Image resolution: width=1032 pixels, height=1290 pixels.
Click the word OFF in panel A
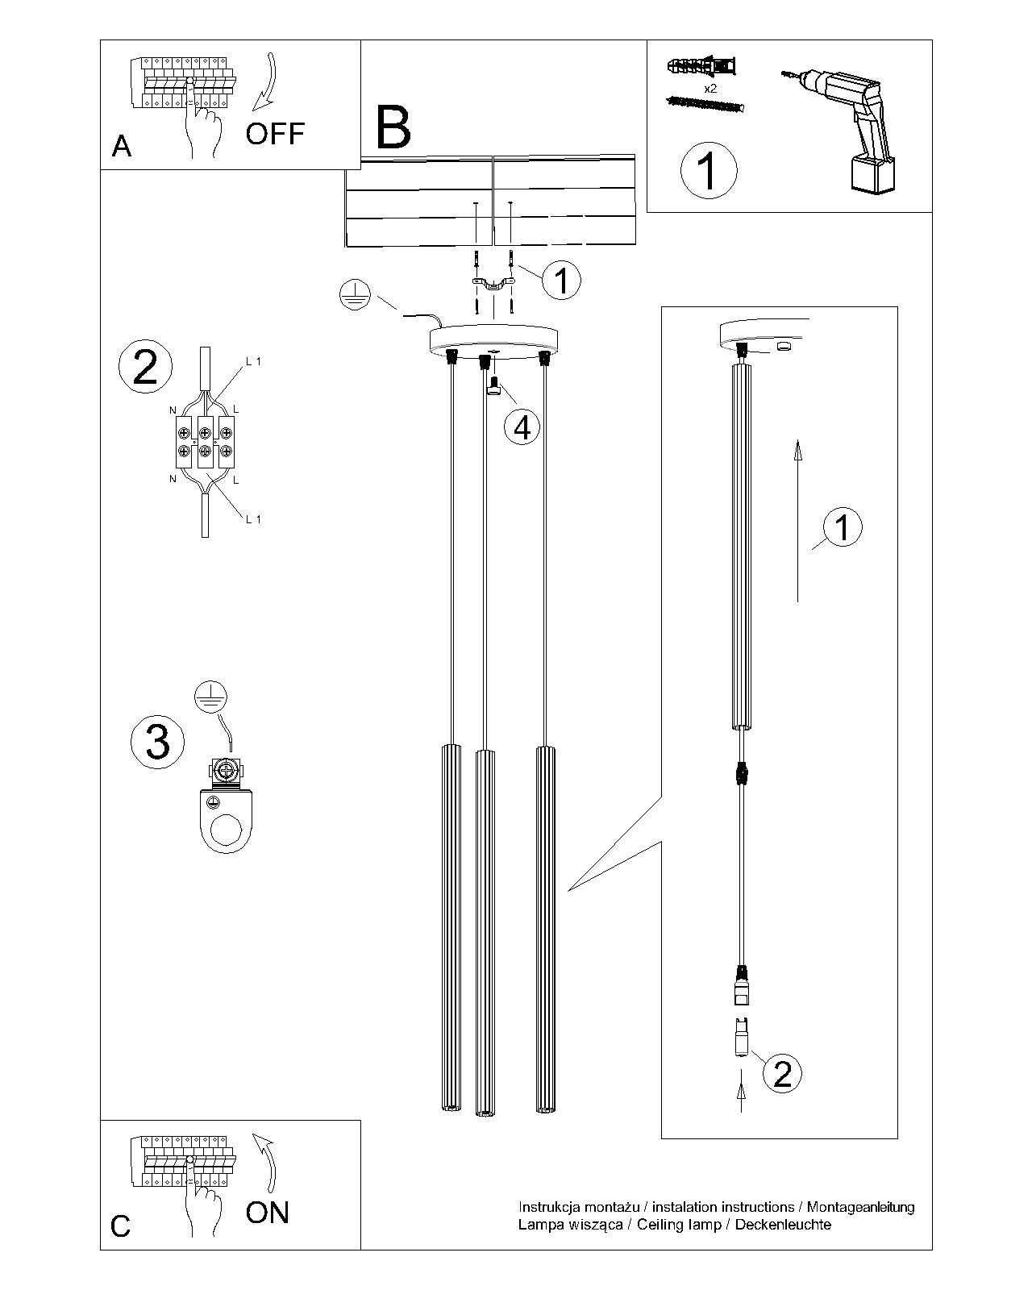pos(275,133)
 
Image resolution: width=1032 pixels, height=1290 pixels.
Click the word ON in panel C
pos(267,1212)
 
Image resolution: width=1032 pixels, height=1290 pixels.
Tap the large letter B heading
pos(393,127)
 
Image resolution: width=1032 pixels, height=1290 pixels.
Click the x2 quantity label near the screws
pos(710,89)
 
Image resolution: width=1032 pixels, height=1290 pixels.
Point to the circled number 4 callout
pos(522,427)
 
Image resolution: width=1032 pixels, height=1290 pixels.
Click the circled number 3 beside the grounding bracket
pos(157,741)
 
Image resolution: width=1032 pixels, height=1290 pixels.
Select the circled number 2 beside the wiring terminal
pos(145,367)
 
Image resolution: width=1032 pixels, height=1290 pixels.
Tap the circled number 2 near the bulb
pos(782,1073)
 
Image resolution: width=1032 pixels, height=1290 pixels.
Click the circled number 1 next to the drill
pos(709,171)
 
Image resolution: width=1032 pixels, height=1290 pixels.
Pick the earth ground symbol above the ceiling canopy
pos(353,294)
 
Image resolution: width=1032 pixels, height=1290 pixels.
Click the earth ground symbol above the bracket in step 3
pos(211,697)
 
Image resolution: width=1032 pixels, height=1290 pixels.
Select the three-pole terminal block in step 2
pos(206,442)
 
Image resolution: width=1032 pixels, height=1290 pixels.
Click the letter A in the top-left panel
pos(122,146)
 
